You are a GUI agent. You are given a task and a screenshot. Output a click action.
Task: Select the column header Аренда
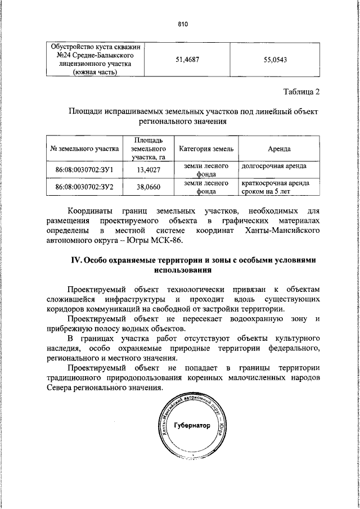279,149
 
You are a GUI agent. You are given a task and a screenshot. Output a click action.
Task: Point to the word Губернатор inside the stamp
192,425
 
